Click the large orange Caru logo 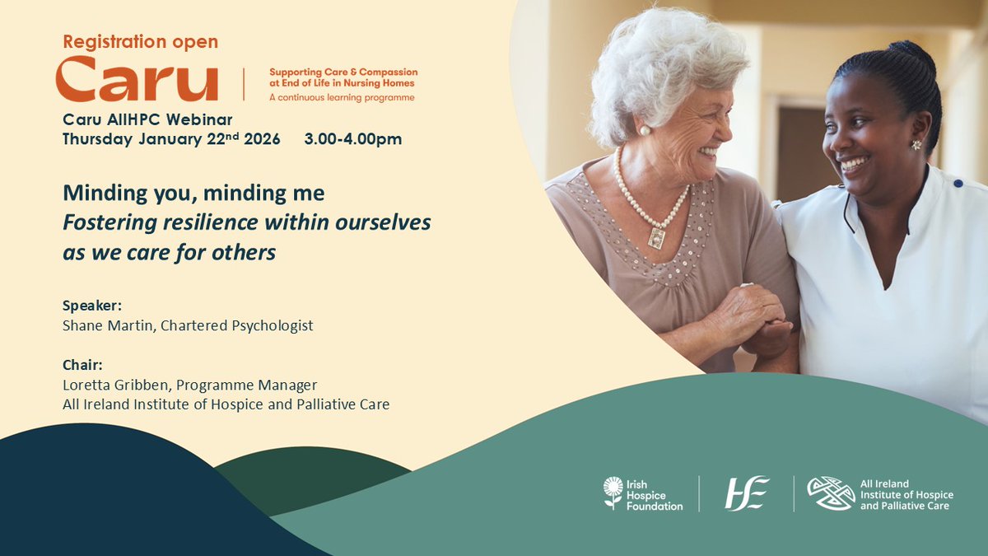click(x=137, y=80)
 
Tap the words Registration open click(x=141, y=41)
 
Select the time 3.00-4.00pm click(x=352, y=139)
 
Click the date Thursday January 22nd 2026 click(x=171, y=138)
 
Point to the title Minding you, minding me click(x=193, y=194)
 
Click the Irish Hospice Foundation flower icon click(x=613, y=492)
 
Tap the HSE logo click(x=746, y=493)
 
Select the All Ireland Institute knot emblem click(x=830, y=493)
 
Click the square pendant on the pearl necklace click(x=657, y=237)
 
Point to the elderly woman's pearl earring click(x=646, y=130)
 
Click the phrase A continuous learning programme click(x=342, y=97)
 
